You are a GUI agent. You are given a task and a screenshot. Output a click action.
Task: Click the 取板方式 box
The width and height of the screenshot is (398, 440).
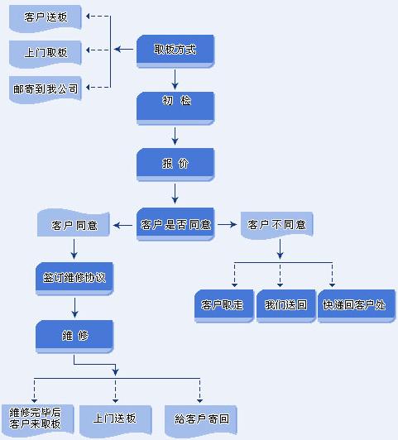click(175, 51)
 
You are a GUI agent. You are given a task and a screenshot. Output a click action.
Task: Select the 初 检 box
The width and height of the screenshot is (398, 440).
click(175, 108)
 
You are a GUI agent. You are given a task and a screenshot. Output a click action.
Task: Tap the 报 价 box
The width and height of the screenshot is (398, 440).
click(175, 165)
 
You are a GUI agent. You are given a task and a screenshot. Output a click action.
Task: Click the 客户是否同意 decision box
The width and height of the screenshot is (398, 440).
click(175, 224)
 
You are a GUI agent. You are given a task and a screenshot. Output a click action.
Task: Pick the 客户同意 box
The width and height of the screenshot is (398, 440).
click(74, 223)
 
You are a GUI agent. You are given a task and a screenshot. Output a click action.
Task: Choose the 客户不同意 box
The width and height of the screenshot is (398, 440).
click(277, 225)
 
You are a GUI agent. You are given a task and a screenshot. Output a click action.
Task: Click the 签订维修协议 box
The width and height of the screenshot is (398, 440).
click(74, 279)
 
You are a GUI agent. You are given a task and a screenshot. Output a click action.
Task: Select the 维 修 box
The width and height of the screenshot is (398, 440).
click(74, 337)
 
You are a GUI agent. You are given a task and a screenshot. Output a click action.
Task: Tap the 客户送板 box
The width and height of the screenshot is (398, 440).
click(46, 18)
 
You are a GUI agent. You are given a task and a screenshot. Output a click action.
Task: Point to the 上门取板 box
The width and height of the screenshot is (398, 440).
click(46, 54)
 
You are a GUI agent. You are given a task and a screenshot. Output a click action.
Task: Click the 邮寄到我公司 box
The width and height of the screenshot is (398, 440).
click(46, 90)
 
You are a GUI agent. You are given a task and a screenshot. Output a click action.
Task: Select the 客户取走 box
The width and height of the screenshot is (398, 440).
click(224, 306)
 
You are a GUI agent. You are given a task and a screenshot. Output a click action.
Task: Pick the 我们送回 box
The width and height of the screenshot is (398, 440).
click(286, 306)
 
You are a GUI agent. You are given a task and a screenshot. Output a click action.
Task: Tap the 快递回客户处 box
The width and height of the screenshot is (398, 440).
click(357, 306)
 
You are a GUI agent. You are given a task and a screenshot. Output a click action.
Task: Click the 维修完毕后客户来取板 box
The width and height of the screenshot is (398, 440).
click(37, 419)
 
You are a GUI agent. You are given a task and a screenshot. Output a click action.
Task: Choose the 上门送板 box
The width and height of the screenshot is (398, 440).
click(115, 420)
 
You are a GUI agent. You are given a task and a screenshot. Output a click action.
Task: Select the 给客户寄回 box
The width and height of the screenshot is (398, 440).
click(201, 421)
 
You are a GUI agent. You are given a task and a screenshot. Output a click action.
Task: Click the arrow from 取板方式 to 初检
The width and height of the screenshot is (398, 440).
click(175, 79)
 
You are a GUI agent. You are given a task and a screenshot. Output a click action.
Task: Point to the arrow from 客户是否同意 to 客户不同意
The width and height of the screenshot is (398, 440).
click(227, 224)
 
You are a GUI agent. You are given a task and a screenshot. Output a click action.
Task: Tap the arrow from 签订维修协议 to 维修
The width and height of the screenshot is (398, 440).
click(74, 308)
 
